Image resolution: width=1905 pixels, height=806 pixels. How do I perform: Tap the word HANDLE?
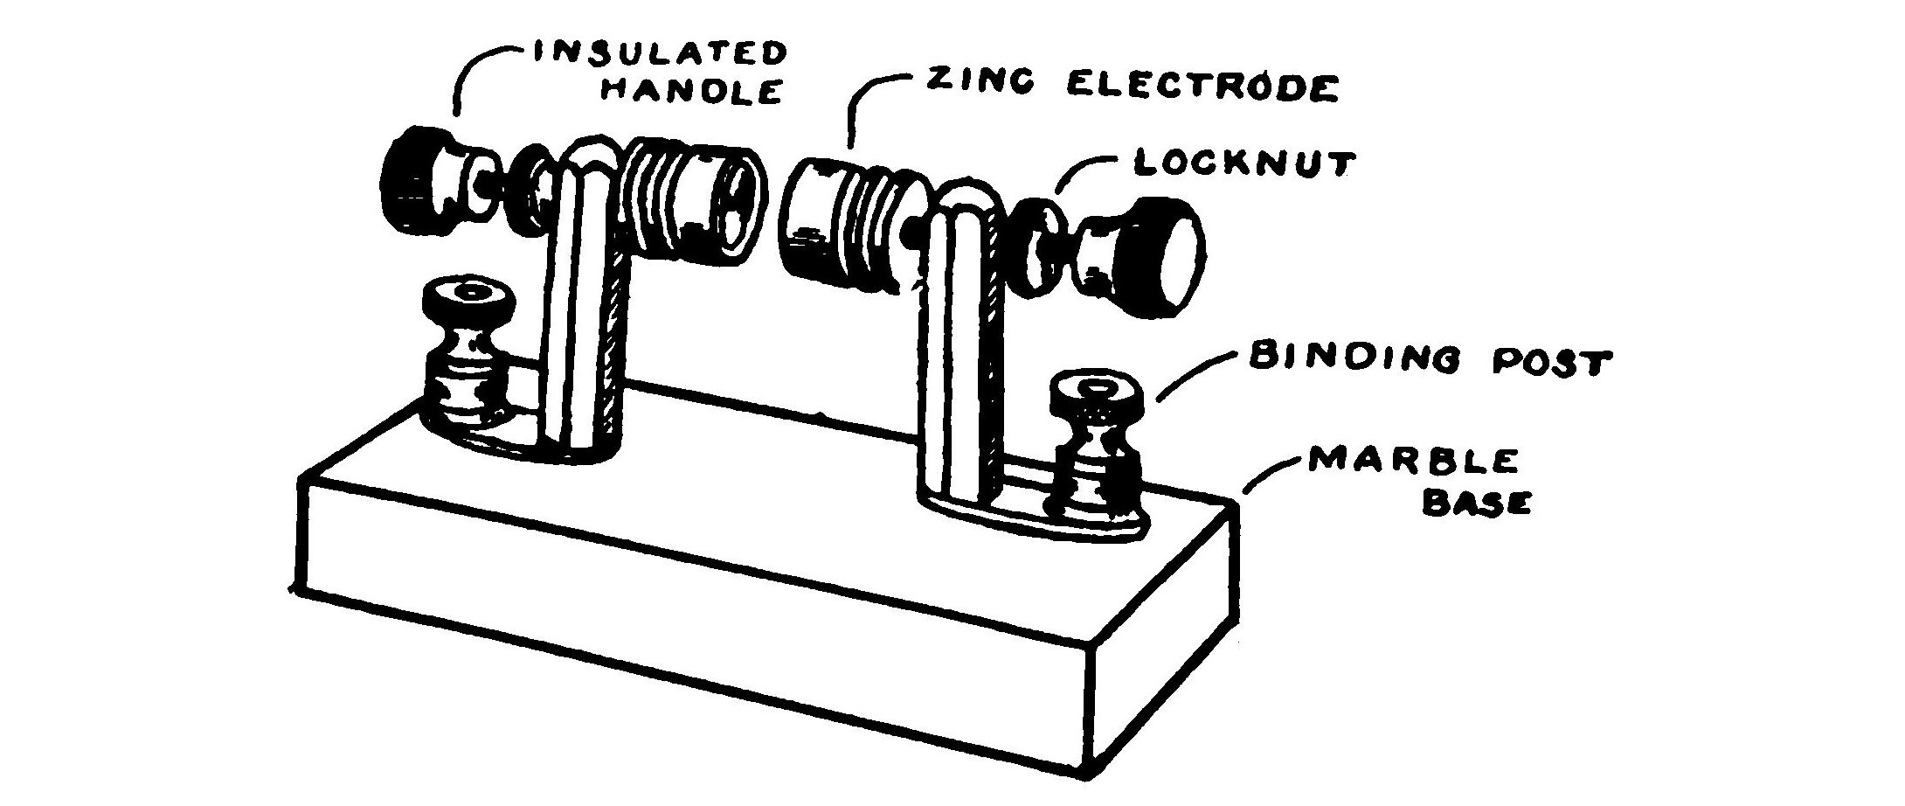(x=690, y=90)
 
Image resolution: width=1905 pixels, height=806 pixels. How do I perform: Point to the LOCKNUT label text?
(x=1244, y=163)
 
